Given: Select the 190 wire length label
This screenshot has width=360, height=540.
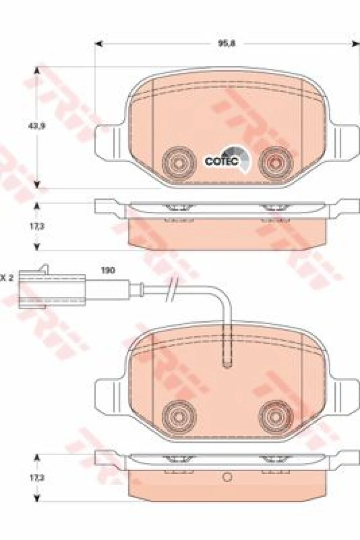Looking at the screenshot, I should click(108, 271).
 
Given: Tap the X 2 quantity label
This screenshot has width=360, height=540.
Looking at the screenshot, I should click(7, 277).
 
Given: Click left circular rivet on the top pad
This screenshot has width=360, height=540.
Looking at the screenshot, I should click(179, 161).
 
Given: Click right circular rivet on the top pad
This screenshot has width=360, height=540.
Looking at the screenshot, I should click(276, 161).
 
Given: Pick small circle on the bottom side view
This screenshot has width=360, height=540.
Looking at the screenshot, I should click(227, 477).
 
